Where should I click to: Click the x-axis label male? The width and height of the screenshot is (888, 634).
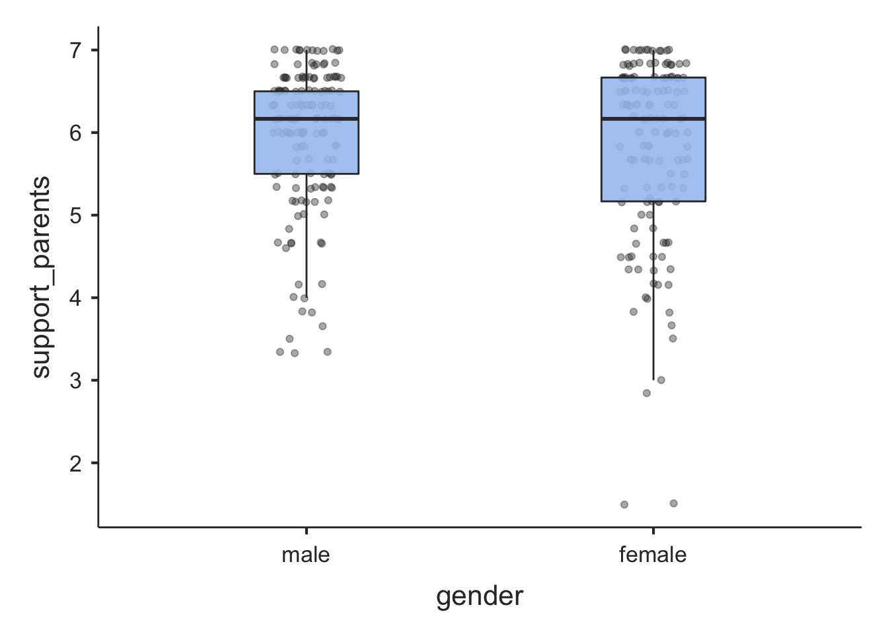pos(305,555)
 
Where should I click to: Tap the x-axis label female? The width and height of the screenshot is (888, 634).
pos(653,555)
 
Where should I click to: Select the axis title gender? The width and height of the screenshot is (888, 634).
pos(480,596)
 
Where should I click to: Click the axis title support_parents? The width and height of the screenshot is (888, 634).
pos(41,277)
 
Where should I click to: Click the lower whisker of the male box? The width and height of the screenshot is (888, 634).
pos(307,238)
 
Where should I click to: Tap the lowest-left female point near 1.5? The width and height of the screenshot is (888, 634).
pos(624,505)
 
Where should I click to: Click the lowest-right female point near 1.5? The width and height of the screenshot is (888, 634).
pos(673,503)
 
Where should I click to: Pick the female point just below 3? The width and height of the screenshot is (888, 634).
pos(646,393)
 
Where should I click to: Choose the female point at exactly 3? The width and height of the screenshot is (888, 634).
pos(661,380)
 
